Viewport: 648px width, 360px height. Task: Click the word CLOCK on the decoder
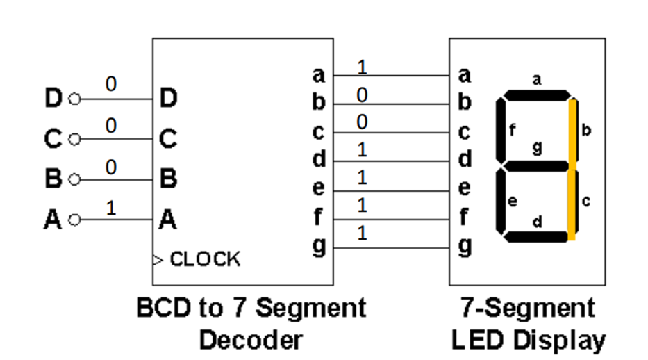(x=205, y=260)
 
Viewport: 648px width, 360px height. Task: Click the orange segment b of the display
(x=572, y=133)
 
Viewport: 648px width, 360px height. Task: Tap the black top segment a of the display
(x=536, y=95)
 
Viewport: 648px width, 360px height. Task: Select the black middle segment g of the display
(x=536, y=166)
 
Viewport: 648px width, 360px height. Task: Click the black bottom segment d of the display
(x=536, y=237)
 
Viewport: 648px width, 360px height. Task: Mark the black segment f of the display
(x=501, y=131)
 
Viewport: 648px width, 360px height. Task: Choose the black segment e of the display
(x=501, y=202)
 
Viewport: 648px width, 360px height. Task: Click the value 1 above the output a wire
(x=361, y=67)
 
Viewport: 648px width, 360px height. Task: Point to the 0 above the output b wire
(x=361, y=95)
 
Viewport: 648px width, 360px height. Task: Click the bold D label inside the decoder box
(x=168, y=99)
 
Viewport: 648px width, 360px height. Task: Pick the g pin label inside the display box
(x=465, y=246)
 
